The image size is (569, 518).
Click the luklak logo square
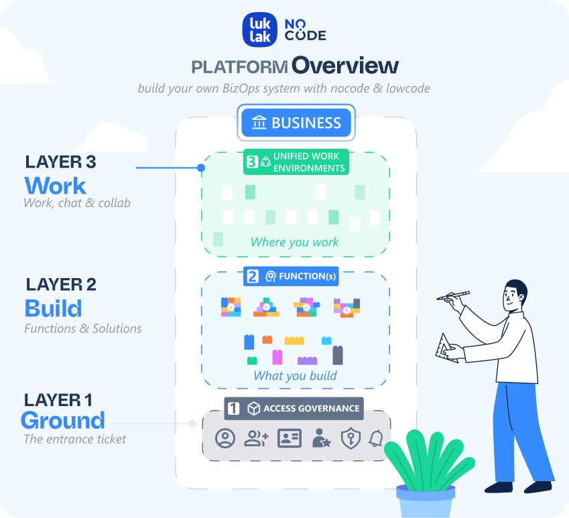point(260,30)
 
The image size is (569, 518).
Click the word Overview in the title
point(345,66)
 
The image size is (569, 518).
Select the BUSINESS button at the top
point(296,123)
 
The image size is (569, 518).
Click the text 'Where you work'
point(294,242)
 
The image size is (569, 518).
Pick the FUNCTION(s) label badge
point(292,276)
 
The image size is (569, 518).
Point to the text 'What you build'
point(295,376)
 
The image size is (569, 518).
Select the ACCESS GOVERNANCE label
point(294,408)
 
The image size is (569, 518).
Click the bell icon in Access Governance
point(376,438)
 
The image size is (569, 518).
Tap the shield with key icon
point(350,438)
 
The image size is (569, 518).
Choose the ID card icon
point(290,438)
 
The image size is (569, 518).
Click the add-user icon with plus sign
point(256,438)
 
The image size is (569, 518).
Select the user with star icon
point(320,438)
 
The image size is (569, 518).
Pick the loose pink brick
point(277,357)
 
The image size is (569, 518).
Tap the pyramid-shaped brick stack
point(266,306)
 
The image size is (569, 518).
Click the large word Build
point(53,308)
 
